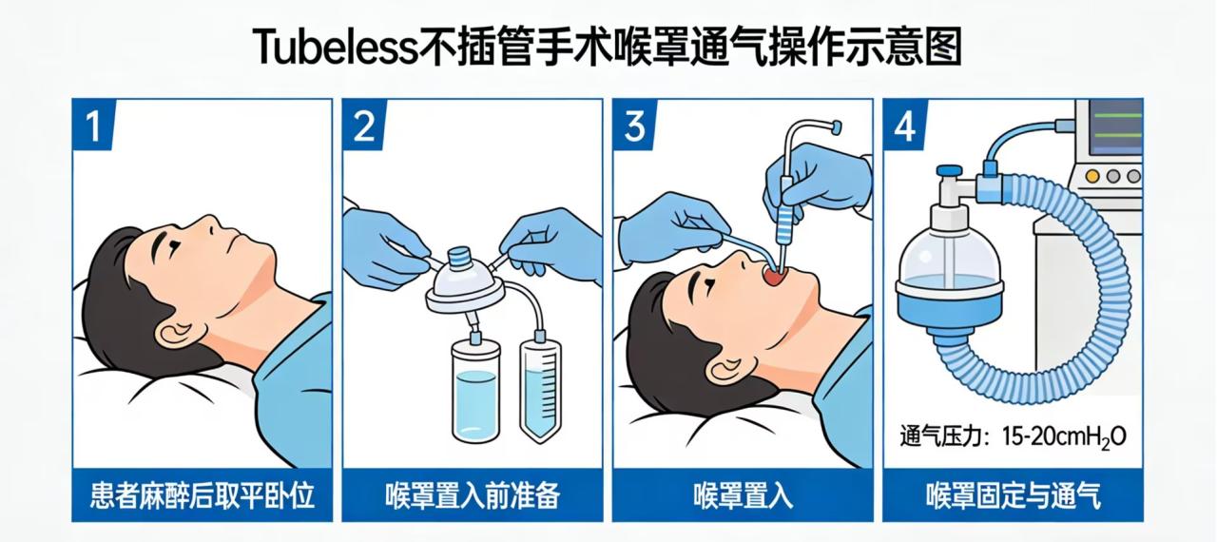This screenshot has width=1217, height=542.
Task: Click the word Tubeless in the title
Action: pyautogui.click(x=337, y=48)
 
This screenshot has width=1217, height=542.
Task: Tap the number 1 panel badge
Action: pyautogui.click(x=92, y=125)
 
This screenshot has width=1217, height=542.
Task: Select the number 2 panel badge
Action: pyautogui.click(x=363, y=125)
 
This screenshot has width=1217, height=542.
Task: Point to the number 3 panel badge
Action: pyautogui.click(x=634, y=125)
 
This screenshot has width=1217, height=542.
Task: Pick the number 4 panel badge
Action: pyautogui.click(x=904, y=125)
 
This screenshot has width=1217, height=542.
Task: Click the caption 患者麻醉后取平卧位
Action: pyautogui.click(x=203, y=495)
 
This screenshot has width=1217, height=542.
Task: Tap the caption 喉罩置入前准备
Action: pyautogui.click(x=473, y=495)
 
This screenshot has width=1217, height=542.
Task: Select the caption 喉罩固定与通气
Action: pyautogui.click(x=1014, y=495)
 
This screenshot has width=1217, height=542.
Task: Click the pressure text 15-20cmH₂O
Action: pyautogui.click(x=1064, y=437)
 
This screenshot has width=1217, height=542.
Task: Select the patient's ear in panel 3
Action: pyautogui.click(x=724, y=369)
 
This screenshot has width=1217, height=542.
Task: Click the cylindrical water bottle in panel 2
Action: pyautogui.click(x=475, y=391)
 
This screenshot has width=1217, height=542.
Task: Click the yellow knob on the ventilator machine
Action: pyautogui.click(x=1092, y=176)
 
